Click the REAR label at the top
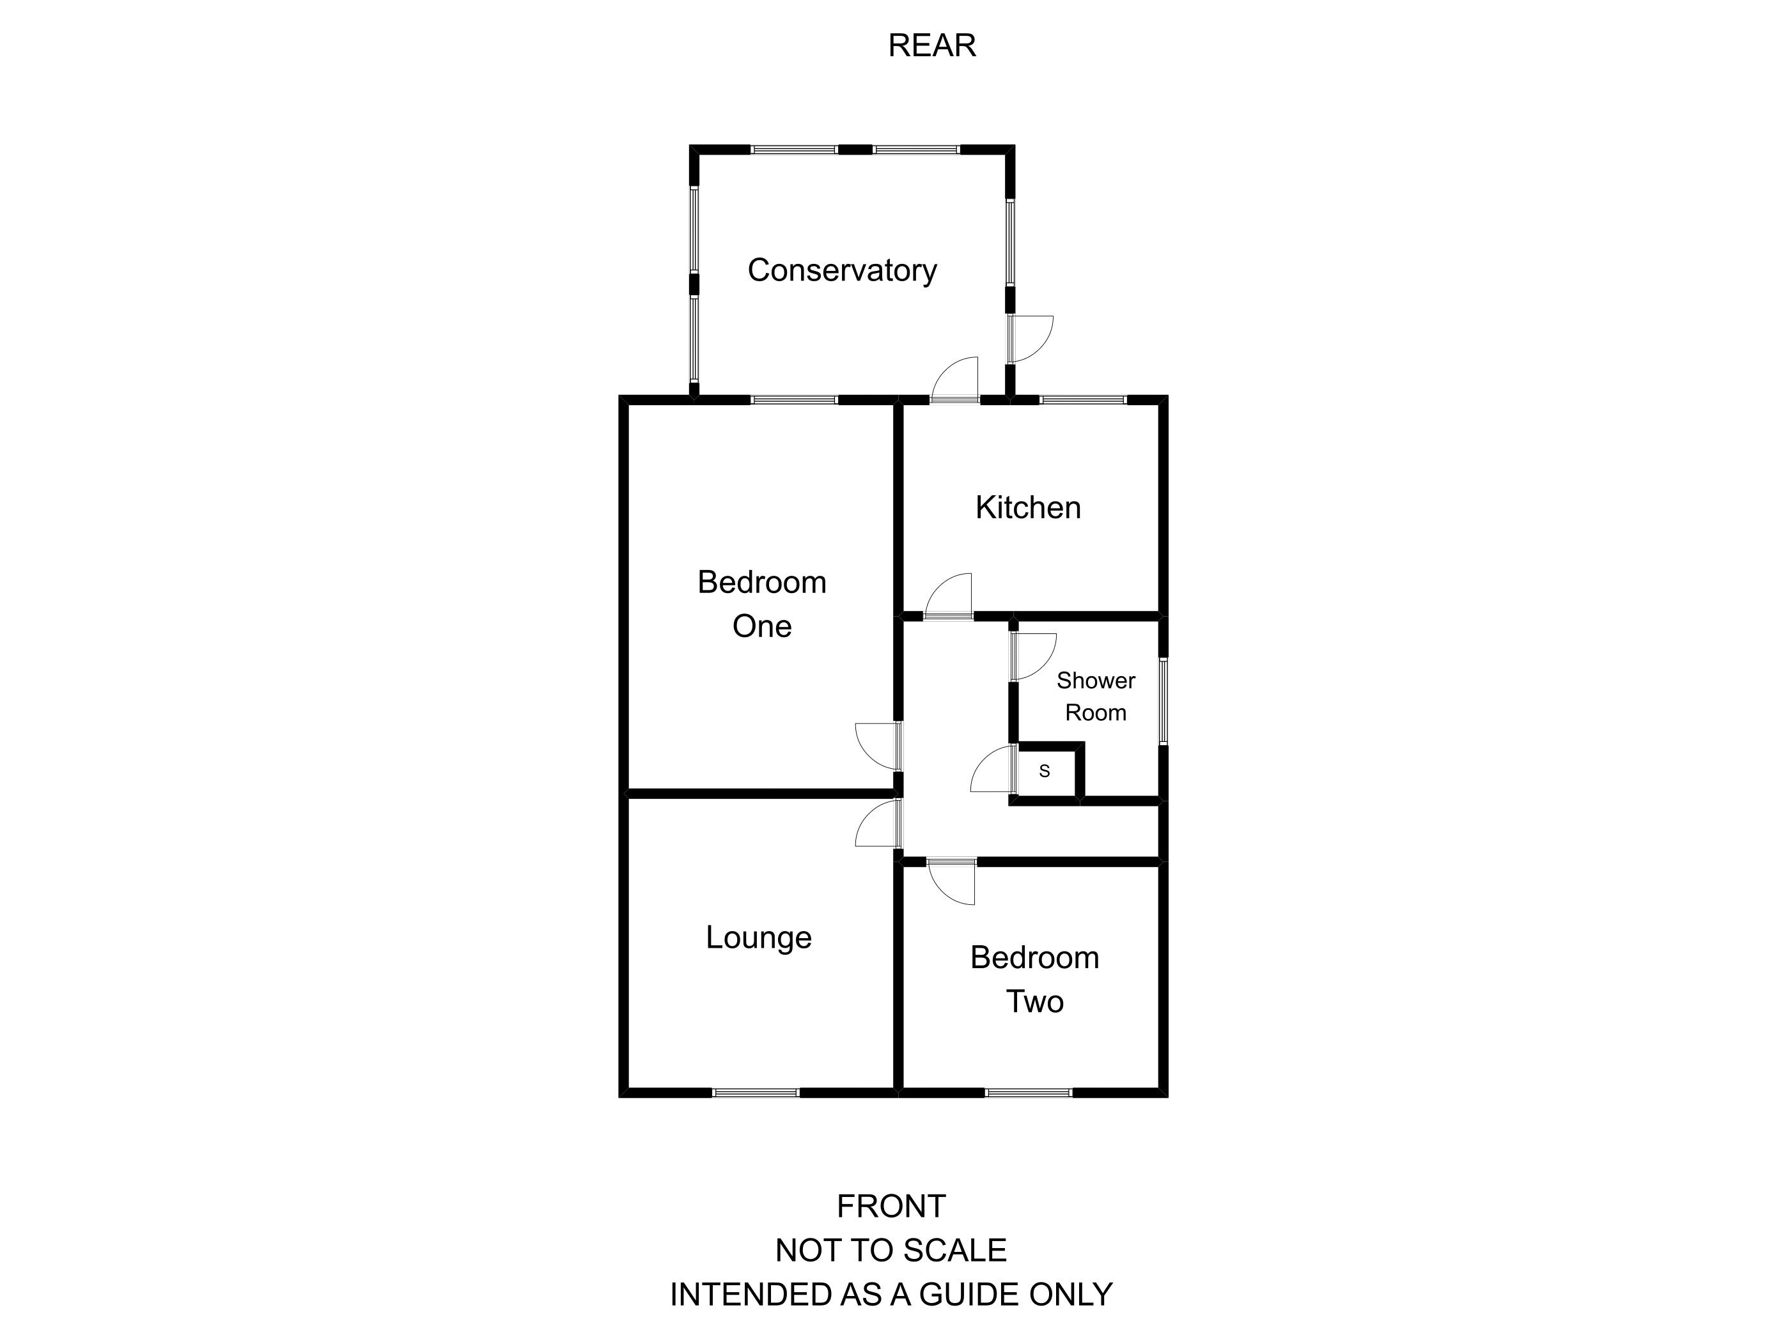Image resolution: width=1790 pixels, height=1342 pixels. [931, 45]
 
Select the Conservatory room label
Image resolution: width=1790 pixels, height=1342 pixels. [841, 270]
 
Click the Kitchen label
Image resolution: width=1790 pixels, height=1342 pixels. [1028, 507]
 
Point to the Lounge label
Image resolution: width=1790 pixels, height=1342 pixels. [758, 937]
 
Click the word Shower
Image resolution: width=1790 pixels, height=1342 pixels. [1096, 681]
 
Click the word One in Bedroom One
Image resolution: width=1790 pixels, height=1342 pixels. [761, 626]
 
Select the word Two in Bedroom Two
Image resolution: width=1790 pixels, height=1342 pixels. [1034, 1001]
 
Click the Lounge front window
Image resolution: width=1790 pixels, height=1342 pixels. [756, 1092]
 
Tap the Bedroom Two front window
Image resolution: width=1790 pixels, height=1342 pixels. [1029, 1092]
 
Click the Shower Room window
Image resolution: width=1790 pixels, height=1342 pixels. [1163, 700]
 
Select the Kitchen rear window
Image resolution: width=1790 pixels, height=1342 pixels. [1083, 399]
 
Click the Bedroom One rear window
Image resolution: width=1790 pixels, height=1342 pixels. [794, 399]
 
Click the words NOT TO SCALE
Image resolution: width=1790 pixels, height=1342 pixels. [891, 1250]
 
